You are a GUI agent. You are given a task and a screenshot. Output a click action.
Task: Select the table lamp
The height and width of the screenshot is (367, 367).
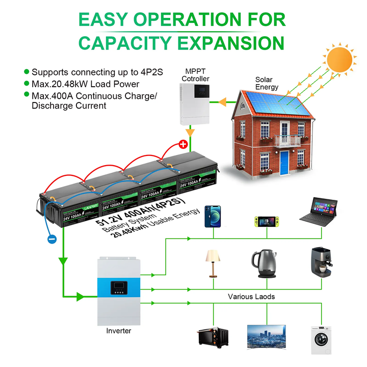coord(212,261)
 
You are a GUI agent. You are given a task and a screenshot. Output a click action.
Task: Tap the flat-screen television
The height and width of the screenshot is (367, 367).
coord(266,336)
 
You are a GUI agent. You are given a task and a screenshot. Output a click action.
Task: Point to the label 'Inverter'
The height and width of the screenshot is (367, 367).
coord(118,331)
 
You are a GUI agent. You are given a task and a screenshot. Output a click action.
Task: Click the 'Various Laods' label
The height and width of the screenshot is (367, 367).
coord(251,296)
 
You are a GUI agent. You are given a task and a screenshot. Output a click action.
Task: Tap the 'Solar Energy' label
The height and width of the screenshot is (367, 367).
coord(267,83)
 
